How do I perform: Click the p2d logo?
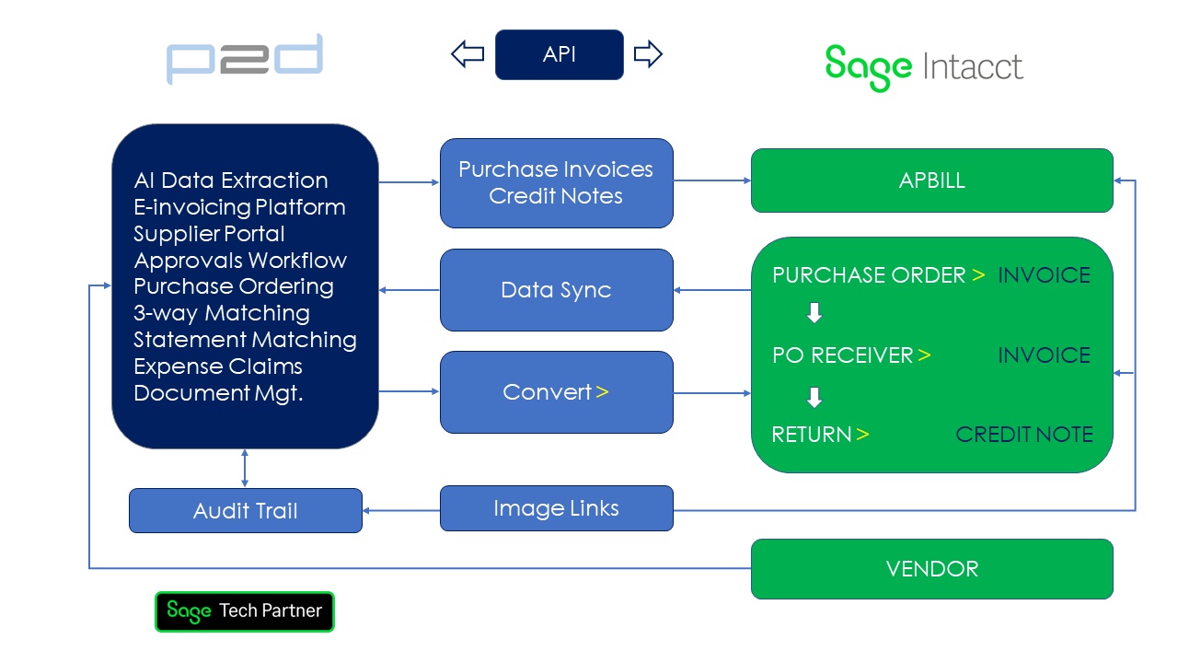pyautogui.click(x=244, y=59)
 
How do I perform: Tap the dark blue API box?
pyautogui.click(x=560, y=54)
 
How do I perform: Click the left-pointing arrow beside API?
pyautogui.click(x=468, y=54)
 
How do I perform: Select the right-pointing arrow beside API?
pyautogui.click(x=649, y=54)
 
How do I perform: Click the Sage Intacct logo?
pyautogui.click(x=924, y=67)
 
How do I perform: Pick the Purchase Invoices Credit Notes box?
pyautogui.click(x=556, y=182)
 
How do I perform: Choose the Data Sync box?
pyautogui.click(x=556, y=290)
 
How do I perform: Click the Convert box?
pyautogui.click(x=556, y=392)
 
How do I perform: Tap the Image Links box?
pyautogui.click(x=556, y=508)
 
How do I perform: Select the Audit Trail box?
pyautogui.click(x=245, y=511)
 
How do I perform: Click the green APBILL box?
pyautogui.click(x=932, y=180)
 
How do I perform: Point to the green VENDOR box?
pyautogui.click(x=932, y=569)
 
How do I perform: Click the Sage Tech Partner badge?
pyautogui.click(x=244, y=611)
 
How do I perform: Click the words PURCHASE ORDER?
pyautogui.click(x=869, y=275)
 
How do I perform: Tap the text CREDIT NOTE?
pyautogui.click(x=1024, y=435)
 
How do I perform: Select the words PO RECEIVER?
pyautogui.click(x=842, y=355)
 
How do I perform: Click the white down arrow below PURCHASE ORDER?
pyautogui.click(x=814, y=314)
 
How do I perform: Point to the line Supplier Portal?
pyautogui.click(x=209, y=234)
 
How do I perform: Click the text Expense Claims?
pyautogui.click(x=217, y=366)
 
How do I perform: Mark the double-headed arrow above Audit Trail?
pyautogui.click(x=245, y=468)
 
